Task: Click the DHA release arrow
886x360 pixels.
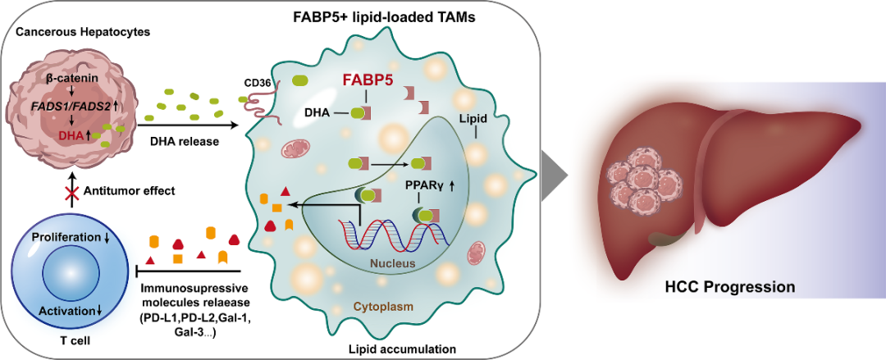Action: click(190, 125)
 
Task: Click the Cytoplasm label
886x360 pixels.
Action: click(380, 306)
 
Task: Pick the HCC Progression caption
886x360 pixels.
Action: click(729, 287)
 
